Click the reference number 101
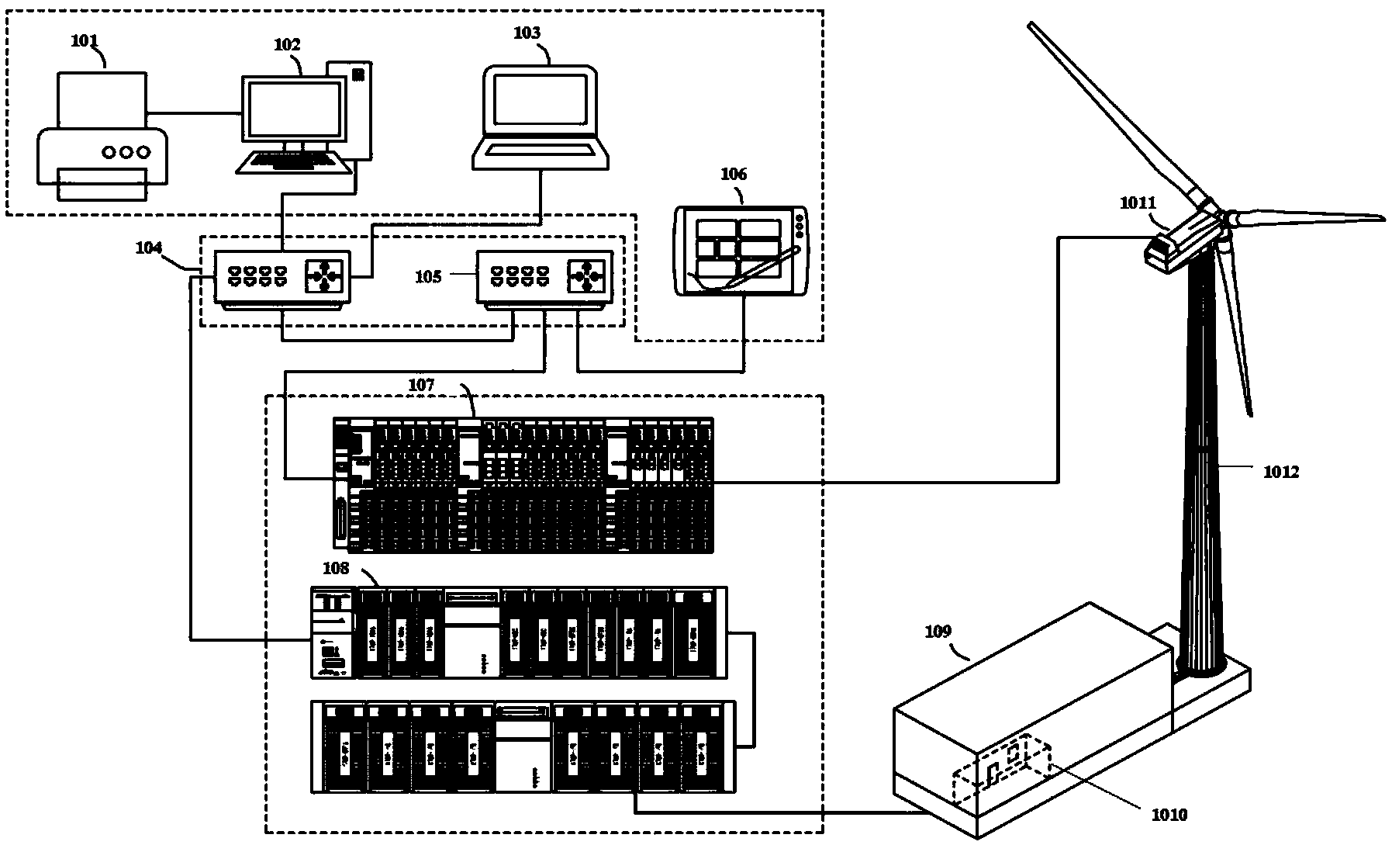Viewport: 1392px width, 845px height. tap(85, 40)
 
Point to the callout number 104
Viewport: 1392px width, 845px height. tap(149, 248)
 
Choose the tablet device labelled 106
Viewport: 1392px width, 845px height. tap(741, 251)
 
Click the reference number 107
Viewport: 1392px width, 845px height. tap(422, 385)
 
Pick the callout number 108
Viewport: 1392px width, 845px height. tap(336, 569)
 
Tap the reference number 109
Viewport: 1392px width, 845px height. tap(938, 632)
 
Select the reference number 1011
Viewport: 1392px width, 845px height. tap(1138, 203)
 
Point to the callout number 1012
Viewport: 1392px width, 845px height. tap(1280, 471)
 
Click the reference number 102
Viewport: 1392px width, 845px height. tap(287, 45)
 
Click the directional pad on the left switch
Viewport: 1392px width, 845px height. tap(323, 275)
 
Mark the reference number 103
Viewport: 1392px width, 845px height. tap(527, 33)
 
